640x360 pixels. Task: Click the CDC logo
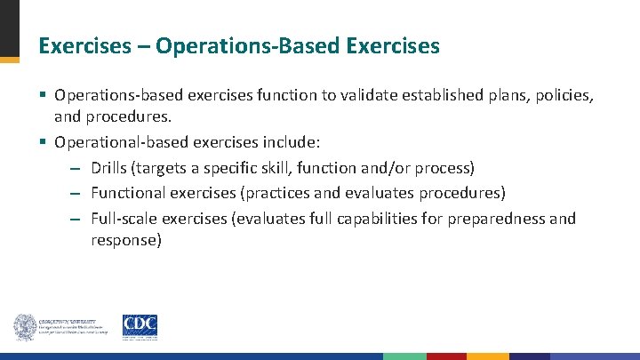pyautogui.click(x=140, y=326)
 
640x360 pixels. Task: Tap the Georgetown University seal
pyautogui.click(x=24, y=327)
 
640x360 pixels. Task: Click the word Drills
pyautogui.click(x=111, y=168)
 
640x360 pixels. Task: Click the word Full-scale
pyautogui.click(x=125, y=219)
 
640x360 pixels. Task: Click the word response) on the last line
pyautogui.click(x=126, y=240)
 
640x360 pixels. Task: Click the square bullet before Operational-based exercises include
pyautogui.click(x=43, y=141)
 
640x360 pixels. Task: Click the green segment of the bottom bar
pyautogui.click(x=404, y=356)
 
